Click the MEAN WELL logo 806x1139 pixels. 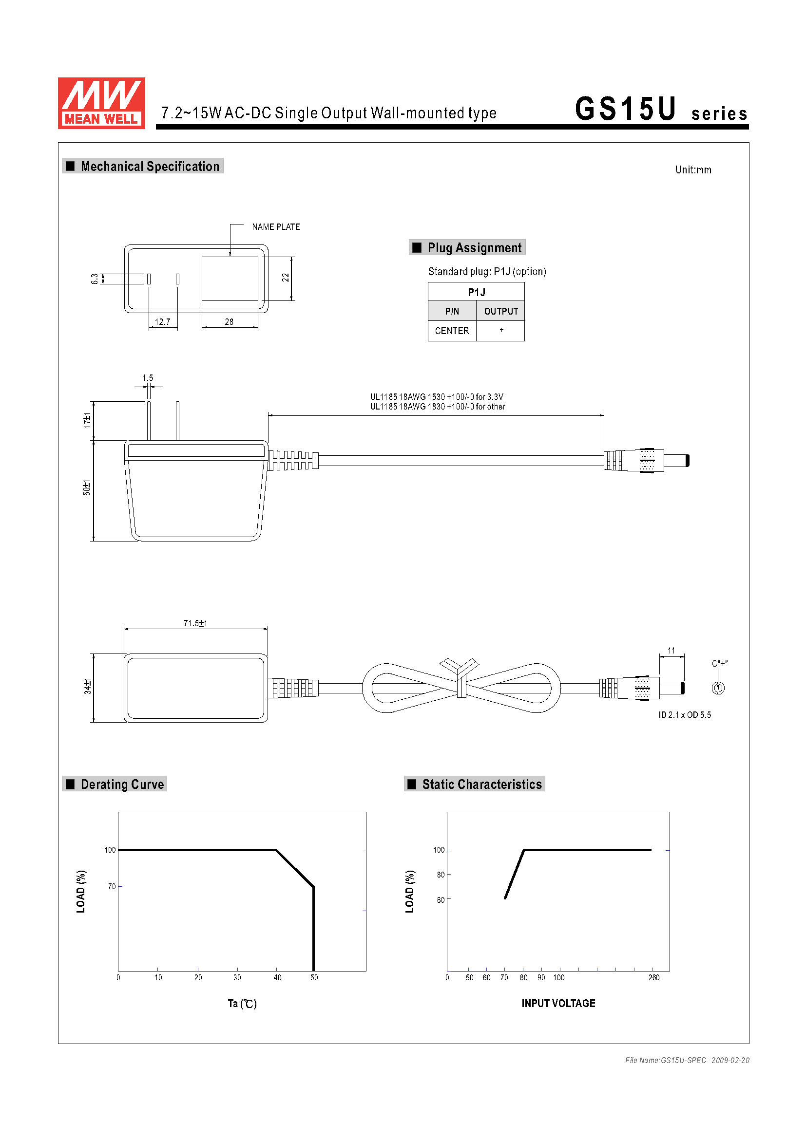[x=101, y=103]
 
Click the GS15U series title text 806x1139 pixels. [x=660, y=109]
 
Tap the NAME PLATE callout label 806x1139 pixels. [x=275, y=227]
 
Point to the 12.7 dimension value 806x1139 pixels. [x=162, y=322]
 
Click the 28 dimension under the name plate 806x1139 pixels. [x=229, y=322]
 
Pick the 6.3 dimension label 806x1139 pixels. [x=95, y=279]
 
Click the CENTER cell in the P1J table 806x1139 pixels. [x=452, y=331]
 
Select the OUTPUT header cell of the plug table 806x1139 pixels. [x=501, y=311]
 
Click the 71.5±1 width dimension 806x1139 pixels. [x=195, y=623]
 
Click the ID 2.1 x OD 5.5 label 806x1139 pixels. [x=684, y=715]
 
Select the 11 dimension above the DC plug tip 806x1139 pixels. [x=671, y=651]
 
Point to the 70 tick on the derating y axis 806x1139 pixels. [x=112, y=886]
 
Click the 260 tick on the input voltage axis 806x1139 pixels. [x=653, y=977]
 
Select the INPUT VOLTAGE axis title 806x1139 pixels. [x=558, y=1003]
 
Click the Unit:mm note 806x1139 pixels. [x=693, y=169]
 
